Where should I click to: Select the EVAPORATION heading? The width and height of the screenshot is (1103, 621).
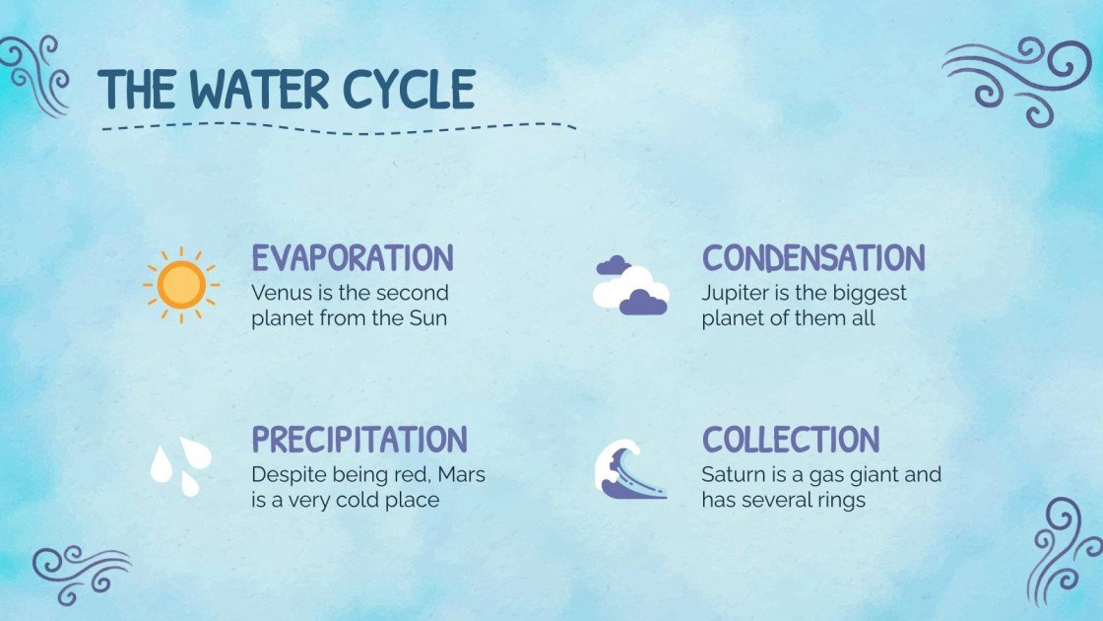click(353, 258)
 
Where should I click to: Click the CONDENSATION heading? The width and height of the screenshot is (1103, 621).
click(813, 258)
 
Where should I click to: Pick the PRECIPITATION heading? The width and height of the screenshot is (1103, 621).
click(359, 440)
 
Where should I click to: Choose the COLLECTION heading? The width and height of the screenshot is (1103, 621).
click(790, 440)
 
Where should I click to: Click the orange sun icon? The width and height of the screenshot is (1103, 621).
click(181, 286)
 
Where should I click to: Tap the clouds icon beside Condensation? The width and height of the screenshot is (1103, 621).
click(631, 285)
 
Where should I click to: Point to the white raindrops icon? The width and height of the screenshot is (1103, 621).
click(180, 465)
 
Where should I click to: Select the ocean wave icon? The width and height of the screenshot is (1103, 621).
click(631, 467)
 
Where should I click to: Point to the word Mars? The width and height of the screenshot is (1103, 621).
click(462, 474)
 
